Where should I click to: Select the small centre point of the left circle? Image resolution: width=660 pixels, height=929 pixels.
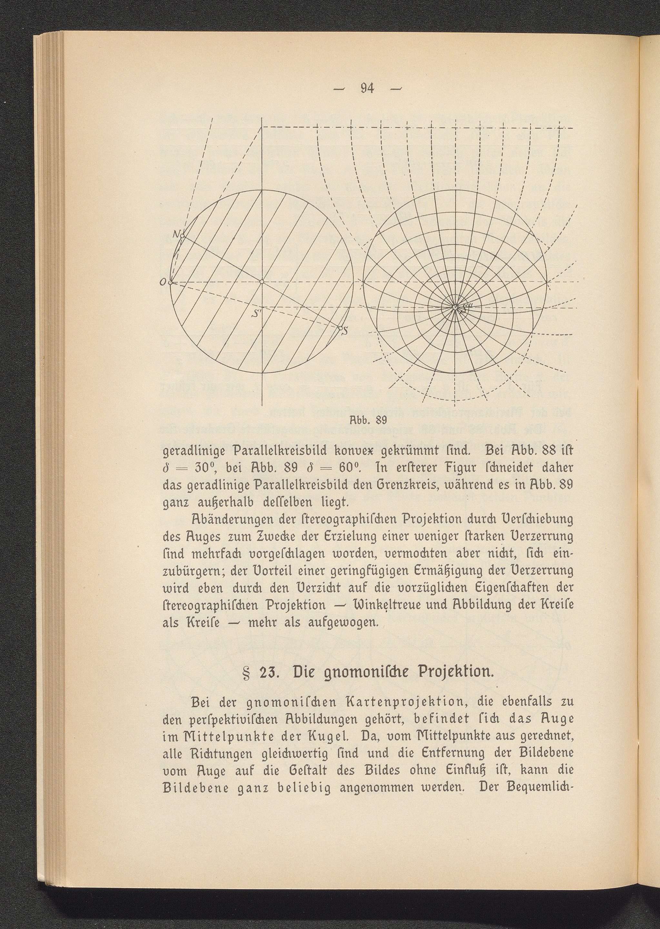point(262,282)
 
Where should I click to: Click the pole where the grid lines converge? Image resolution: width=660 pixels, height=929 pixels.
point(455,308)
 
